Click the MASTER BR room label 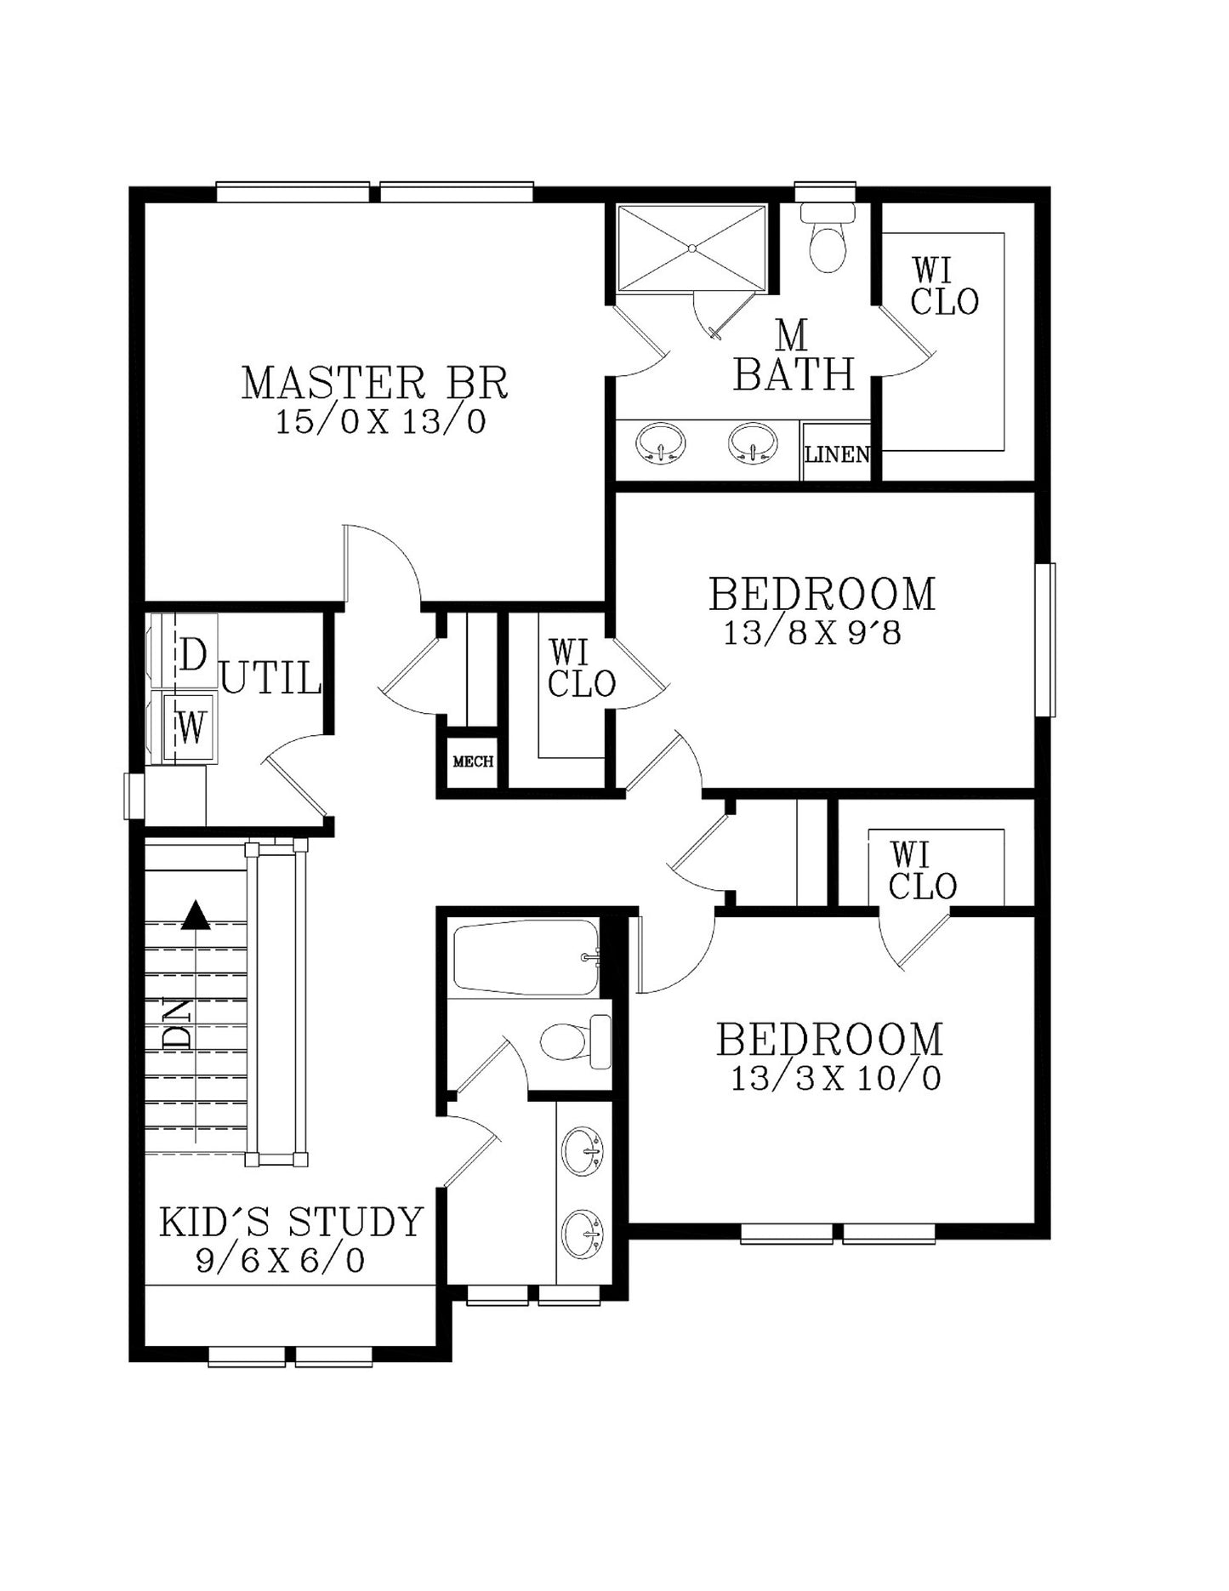coord(375,383)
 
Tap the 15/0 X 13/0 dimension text coord(380,422)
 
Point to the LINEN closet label coord(837,454)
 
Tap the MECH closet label coord(473,761)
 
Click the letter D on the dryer coord(192,655)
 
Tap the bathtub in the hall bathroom coord(526,957)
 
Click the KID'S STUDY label coord(291,1222)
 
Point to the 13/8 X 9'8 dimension coord(811,633)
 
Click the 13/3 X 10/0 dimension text coord(836,1079)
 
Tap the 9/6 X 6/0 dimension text coord(280,1260)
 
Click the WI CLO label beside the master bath coord(944,286)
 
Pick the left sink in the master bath coord(660,442)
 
